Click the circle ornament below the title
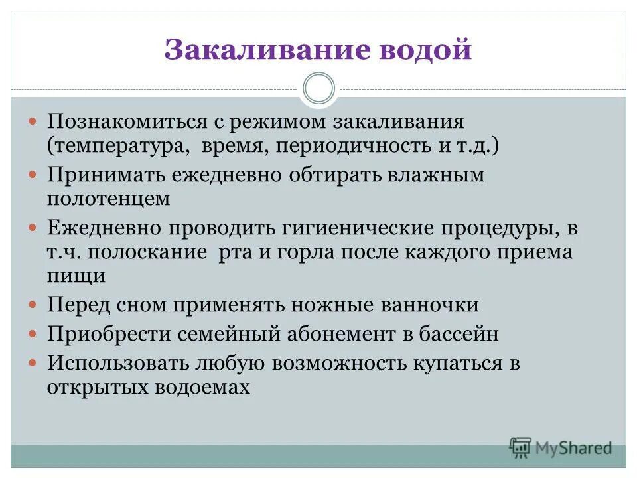[x=318, y=89]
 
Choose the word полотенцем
[x=109, y=198]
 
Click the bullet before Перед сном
[x=35, y=305]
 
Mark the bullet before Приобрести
[x=35, y=335]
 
